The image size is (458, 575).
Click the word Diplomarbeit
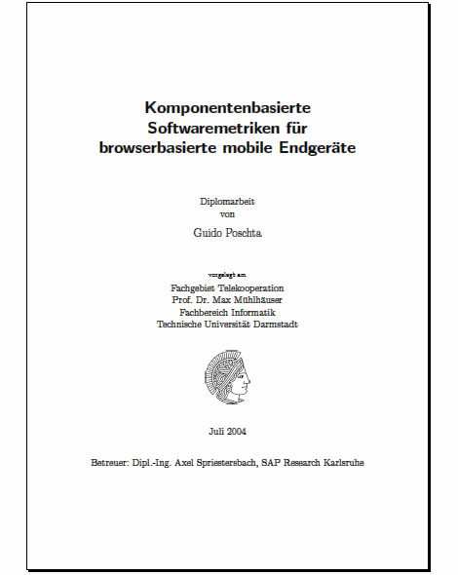[228, 201]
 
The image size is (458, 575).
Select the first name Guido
[210, 233]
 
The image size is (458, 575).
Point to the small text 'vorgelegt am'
[228, 276]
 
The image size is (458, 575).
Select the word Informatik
[254, 312]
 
